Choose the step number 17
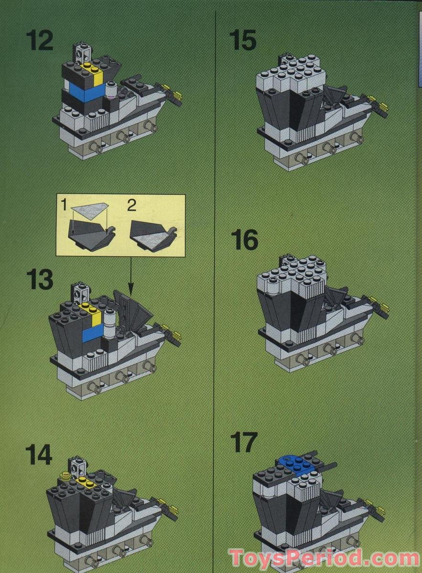tap(243, 443)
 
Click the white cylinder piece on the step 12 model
tap(111, 89)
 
